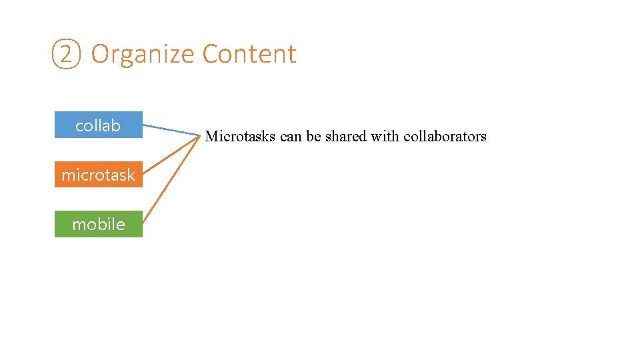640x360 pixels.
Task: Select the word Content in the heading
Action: click(x=249, y=54)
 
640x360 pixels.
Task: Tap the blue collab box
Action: click(x=99, y=125)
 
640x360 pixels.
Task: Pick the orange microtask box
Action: click(x=99, y=175)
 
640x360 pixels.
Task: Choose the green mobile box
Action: click(x=99, y=224)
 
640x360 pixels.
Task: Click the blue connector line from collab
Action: click(x=171, y=130)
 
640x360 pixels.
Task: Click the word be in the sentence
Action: click(x=314, y=137)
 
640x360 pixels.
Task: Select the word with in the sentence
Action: click(x=385, y=137)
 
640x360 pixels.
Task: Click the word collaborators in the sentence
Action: click(x=445, y=137)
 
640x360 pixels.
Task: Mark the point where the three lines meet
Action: click(x=199, y=136)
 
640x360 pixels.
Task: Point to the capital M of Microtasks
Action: click(x=212, y=137)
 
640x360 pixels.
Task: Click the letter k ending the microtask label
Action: click(x=131, y=175)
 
